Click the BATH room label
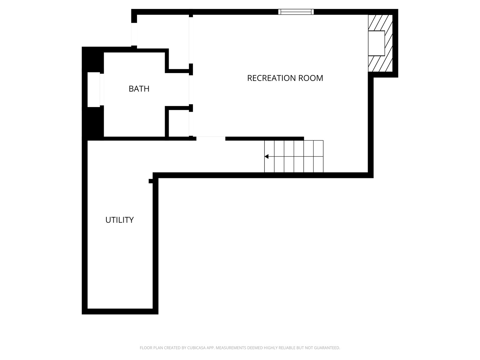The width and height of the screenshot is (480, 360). [x=139, y=89]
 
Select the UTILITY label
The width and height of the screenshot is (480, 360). [x=119, y=220]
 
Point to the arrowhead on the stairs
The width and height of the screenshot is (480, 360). [x=267, y=156]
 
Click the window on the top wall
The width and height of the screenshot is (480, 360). [x=296, y=12]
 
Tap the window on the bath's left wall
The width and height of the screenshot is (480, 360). [x=94, y=89]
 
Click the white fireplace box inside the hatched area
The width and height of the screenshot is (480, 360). [x=376, y=43]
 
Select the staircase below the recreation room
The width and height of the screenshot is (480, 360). [x=294, y=156]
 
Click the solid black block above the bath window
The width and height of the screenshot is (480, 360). [x=93, y=60]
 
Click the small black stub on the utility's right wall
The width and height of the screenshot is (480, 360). [x=151, y=181]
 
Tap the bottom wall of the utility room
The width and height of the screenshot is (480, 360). [x=120, y=311]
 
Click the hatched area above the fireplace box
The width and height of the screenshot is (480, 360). [x=380, y=23]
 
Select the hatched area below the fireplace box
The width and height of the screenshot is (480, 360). [x=380, y=64]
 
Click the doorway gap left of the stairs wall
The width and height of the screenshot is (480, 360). [x=211, y=138]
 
